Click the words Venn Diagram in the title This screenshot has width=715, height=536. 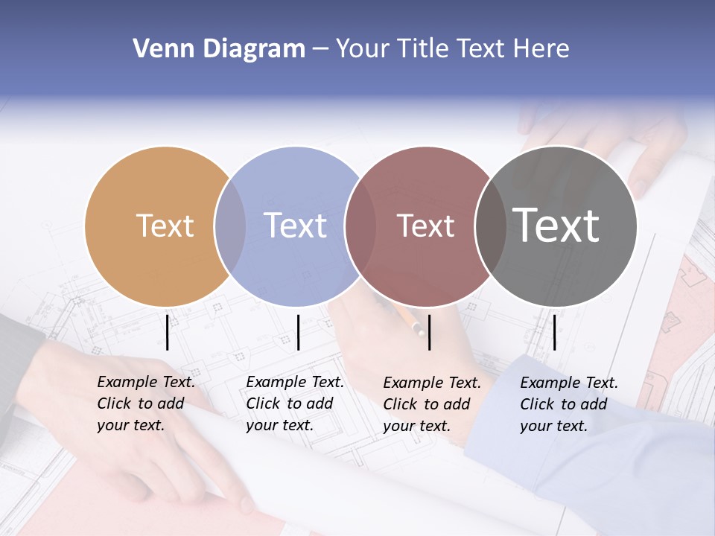tap(219, 49)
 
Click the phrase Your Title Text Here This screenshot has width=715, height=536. tap(452, 49)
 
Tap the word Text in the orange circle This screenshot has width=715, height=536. tap(165, 226)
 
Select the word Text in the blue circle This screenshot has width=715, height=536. tap(296, 226)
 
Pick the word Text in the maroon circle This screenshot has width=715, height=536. tap(425, 226)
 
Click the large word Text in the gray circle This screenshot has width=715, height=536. tap(556, 226)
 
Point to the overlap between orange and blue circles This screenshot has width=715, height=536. tap(230, 226)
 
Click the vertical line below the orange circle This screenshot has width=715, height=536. tap(168, 332)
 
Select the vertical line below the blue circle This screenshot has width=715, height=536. tap(298, 332)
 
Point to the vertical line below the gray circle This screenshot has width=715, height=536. tap(554, 332)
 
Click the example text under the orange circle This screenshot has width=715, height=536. tap(146, 403)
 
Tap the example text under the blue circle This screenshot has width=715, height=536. tap(295, 403)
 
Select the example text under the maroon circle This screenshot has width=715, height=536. tap(432, 404)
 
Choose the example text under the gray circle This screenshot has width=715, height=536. tap(569, 404)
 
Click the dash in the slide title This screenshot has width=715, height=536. tap(320, 50)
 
